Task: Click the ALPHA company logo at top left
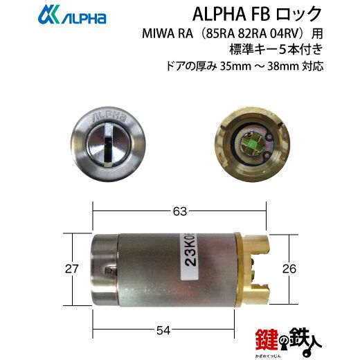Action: coord(72,15)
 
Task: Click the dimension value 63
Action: coord(180,211)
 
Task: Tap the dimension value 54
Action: coord(163,330)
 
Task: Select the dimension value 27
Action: coord(72,269)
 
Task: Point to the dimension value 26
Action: coord(289,269)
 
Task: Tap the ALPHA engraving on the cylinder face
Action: coord(109,118)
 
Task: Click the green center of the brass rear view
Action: coord(252,145)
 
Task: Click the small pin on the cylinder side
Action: coord(109,270)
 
